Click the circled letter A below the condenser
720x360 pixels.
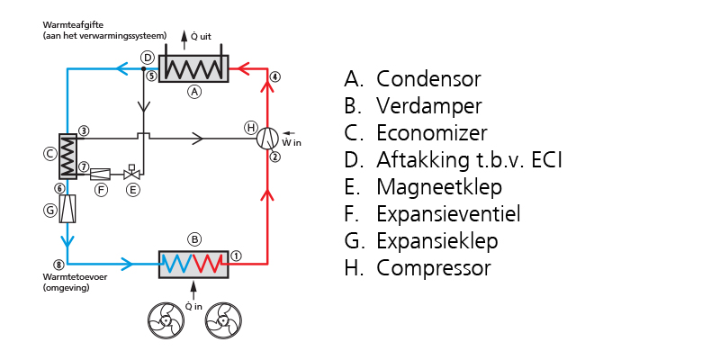[194, 92]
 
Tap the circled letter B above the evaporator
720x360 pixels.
[194, 239]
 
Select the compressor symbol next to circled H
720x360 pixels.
[267, 139]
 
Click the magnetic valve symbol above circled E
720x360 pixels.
[131, 172]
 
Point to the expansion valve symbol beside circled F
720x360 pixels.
[101, 174]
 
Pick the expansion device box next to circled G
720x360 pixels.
[67, 209]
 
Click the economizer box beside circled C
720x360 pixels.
[67, 156]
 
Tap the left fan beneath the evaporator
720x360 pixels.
[166, 320]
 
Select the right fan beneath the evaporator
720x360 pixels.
[223, 320]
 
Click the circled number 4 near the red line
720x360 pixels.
[274, 76]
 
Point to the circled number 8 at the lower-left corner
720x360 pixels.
[58, 265]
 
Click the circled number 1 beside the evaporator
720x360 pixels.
[236, 256]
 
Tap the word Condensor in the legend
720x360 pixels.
[428, 79]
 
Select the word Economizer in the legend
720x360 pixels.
[432, 133]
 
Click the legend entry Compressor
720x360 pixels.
[434, 268]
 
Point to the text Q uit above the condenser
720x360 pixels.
[201, 36]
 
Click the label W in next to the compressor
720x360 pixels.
[292, 142]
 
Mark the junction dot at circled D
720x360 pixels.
[144, 69]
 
